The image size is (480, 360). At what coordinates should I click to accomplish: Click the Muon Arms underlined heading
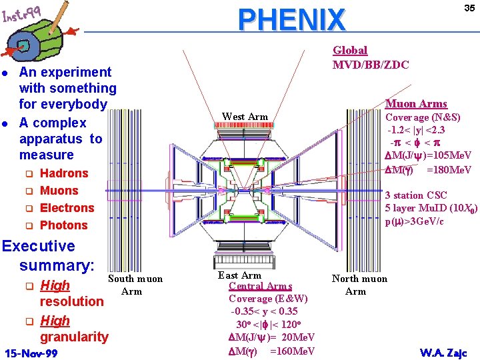pyautogui.click(x=416, y=103)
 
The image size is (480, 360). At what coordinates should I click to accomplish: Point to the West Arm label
pyautogui.click(x=245, y=117)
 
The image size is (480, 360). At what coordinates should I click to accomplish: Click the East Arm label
pyautogui.click(x=239, y=275)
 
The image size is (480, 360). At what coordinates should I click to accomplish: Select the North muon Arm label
pyautogui.click(x=359, y=285)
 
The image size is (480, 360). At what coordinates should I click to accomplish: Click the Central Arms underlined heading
pyautogui.click(x=260, y=286)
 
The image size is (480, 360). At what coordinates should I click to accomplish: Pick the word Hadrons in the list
pyautogui.click(x=64, y=173)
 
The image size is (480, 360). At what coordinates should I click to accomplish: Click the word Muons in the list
pyautogui.click(x=59, y=191)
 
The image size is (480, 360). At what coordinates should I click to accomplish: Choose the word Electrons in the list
pyautogui.click(x=67, y=208)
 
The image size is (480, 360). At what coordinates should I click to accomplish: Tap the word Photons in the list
pyautogui.click(x=64, y=225)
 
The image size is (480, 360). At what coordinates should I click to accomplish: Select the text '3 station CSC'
pyautogui.click(x=417, y=195)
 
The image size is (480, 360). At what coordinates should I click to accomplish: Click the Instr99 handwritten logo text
pyautogui.click(x=21, y=14)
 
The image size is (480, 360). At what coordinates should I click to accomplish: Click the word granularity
pyautogui.click(x=73, y=337)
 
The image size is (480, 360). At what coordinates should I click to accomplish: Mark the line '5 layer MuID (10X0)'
pyautogui.click(x=431, y=208)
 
